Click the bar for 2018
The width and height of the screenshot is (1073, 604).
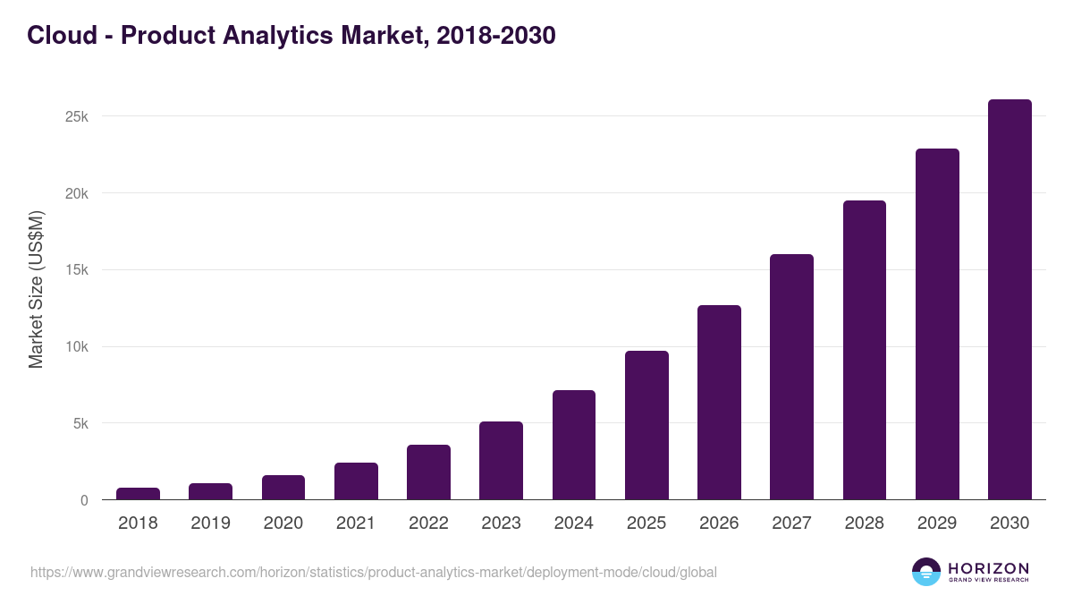pos(138,494)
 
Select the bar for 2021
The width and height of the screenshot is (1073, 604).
pos(356,481)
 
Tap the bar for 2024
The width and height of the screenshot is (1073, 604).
pos(574,445)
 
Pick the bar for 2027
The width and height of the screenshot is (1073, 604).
pos(791,377)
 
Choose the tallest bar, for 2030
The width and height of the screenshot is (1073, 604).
pos(1010,300)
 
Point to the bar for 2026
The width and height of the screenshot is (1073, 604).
pos(719,403)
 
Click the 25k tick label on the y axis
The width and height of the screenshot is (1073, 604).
pos(76,117)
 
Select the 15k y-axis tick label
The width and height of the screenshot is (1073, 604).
pos(76,270)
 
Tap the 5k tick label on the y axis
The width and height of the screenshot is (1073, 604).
pos(80,424)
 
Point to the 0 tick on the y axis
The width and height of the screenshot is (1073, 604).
pos(84,501)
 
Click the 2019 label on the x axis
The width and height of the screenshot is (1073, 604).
pos(210,523)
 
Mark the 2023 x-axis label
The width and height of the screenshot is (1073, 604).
pos(501,523)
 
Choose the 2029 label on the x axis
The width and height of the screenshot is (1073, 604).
pos(937,523)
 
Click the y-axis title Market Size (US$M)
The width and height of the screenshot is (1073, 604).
pos(37,289)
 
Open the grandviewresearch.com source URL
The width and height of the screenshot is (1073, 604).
pos(374,572)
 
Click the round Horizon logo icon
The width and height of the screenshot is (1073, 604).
pos(926,572)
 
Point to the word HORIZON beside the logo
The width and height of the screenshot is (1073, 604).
pos(988,567)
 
